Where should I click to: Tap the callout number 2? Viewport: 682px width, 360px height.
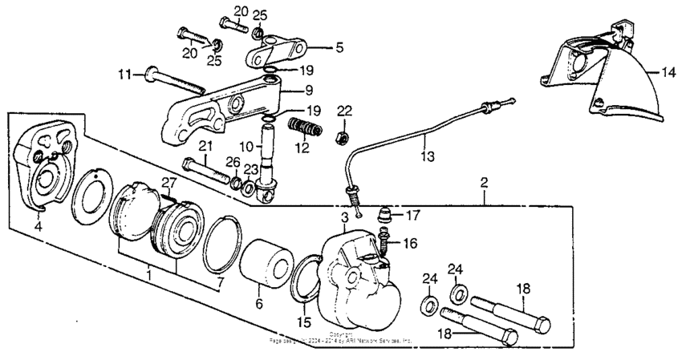(x=484, y=184)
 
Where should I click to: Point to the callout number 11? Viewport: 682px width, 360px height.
(x=124, y=75)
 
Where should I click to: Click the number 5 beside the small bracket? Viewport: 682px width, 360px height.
(x=339, y=48)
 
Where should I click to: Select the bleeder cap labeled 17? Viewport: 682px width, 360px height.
(x=385, y=214)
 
